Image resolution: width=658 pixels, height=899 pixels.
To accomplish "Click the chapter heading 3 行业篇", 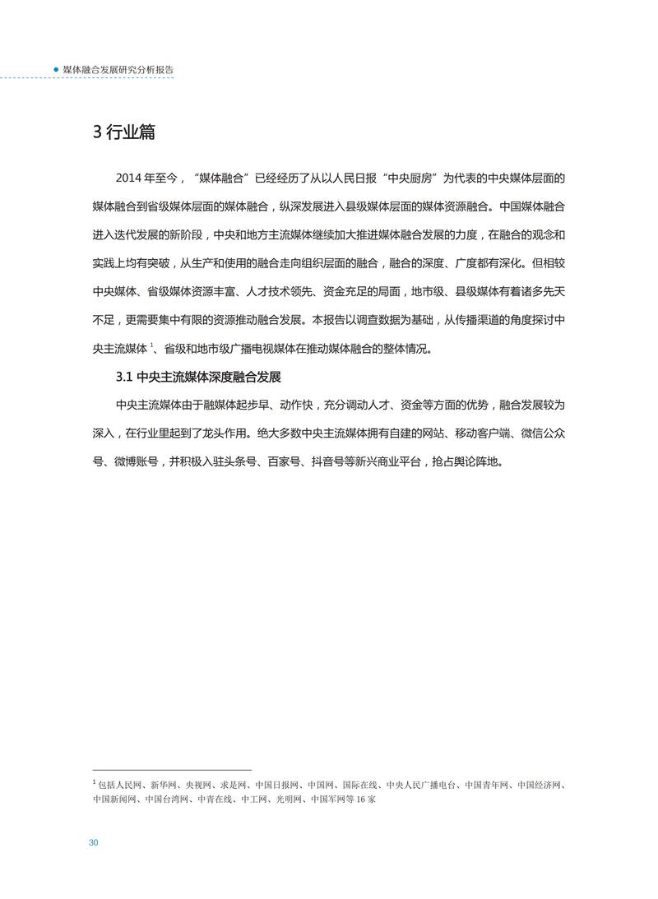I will click(123, 132).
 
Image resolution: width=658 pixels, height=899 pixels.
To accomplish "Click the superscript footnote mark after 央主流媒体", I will click(152, 345).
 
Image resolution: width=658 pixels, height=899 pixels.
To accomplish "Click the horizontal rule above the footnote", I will click(172, 771).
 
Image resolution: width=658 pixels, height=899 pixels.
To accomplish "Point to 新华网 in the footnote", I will click(164, 785).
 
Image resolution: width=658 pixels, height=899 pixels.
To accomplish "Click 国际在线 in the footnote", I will click(359, 785).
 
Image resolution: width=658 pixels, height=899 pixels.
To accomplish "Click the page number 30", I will click(94, 842).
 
